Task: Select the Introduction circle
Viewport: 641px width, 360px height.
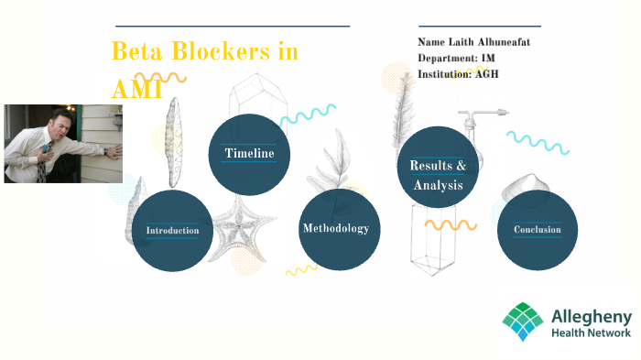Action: [x=172, y=230]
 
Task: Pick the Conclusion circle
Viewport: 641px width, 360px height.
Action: [x=538, y=230]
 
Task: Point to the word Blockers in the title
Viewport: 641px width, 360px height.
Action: [x=225, y=52]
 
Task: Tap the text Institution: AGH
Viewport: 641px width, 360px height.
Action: [x=458, y=73]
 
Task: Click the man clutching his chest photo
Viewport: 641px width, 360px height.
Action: [x=62, y=143]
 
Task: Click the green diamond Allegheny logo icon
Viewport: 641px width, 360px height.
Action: [x=522, y=322]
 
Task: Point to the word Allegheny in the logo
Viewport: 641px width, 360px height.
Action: [x=591, y=316]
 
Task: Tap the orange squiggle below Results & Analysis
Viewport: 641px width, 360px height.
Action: [x=451, y=224]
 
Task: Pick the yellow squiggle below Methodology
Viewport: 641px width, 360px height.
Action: [x=301, y=269]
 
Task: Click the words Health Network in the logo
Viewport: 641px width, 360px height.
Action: [x=591, y=333]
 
